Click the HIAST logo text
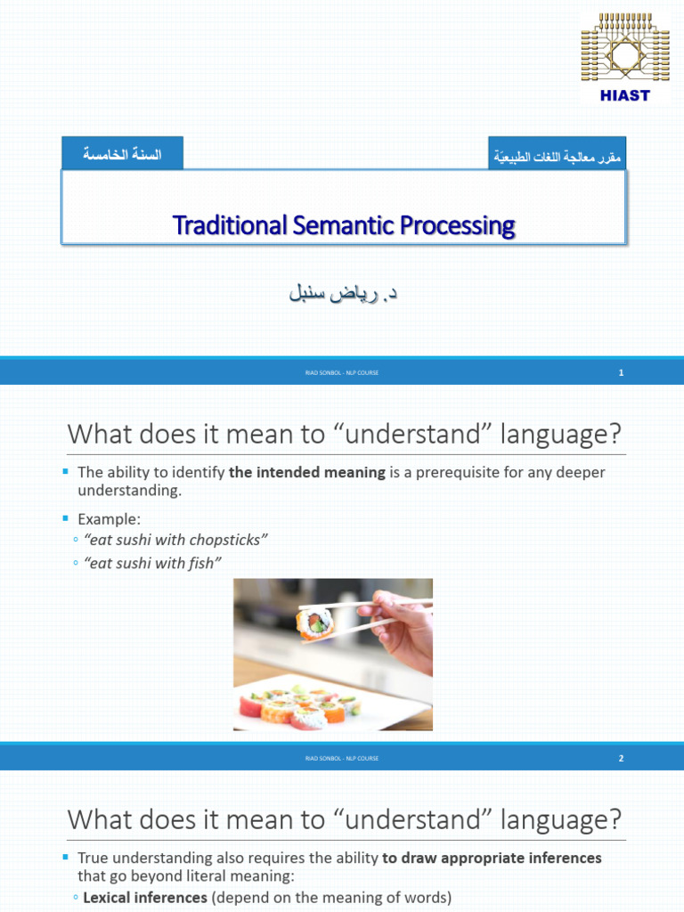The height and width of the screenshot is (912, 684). (625, 95)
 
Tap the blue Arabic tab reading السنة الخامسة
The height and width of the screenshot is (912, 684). (122, 154)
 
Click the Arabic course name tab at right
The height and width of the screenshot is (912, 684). (557, 157)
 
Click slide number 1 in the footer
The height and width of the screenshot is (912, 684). (621, 373)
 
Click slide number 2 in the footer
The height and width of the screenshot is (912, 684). (621, 759)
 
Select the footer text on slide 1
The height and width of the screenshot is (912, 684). (342, 373)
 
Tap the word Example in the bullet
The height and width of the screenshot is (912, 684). (109, 518)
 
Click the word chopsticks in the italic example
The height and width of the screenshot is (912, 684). (226, 541)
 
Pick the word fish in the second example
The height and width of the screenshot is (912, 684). (205, 563)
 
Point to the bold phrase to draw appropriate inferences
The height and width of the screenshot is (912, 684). (492, 859)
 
